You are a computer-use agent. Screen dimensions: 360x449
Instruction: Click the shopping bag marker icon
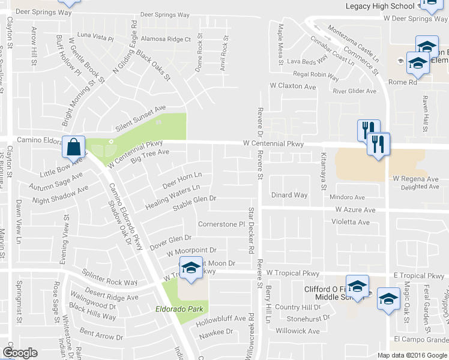coord(73,146)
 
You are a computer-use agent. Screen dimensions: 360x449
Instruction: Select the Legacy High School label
coord(380,6)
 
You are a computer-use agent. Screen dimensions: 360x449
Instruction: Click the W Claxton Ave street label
coord(292,86)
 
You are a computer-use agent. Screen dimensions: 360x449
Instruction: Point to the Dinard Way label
coord(289,195)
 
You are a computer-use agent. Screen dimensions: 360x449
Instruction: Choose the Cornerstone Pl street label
coord(222,224)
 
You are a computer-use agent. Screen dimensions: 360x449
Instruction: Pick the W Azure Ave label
coord(355,209)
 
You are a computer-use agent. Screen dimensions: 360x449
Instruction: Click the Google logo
coord(20,353)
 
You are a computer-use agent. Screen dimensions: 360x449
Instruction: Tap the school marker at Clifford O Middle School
coord(357,286)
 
